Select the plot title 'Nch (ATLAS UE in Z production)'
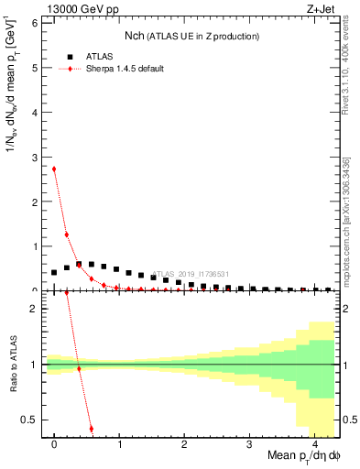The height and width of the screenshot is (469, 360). (192, 36)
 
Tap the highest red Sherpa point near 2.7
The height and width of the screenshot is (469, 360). (54, 169)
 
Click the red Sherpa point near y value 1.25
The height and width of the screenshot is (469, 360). (67, 234)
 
